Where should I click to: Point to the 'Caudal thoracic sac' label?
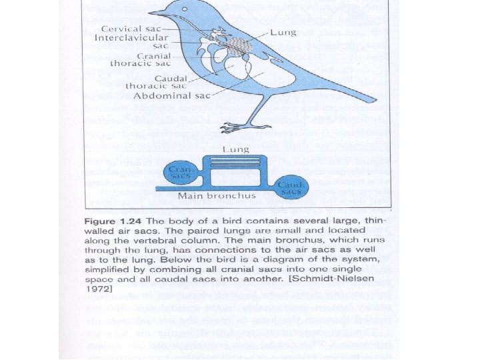coord(157,82)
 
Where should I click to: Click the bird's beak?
coord(155,12)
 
